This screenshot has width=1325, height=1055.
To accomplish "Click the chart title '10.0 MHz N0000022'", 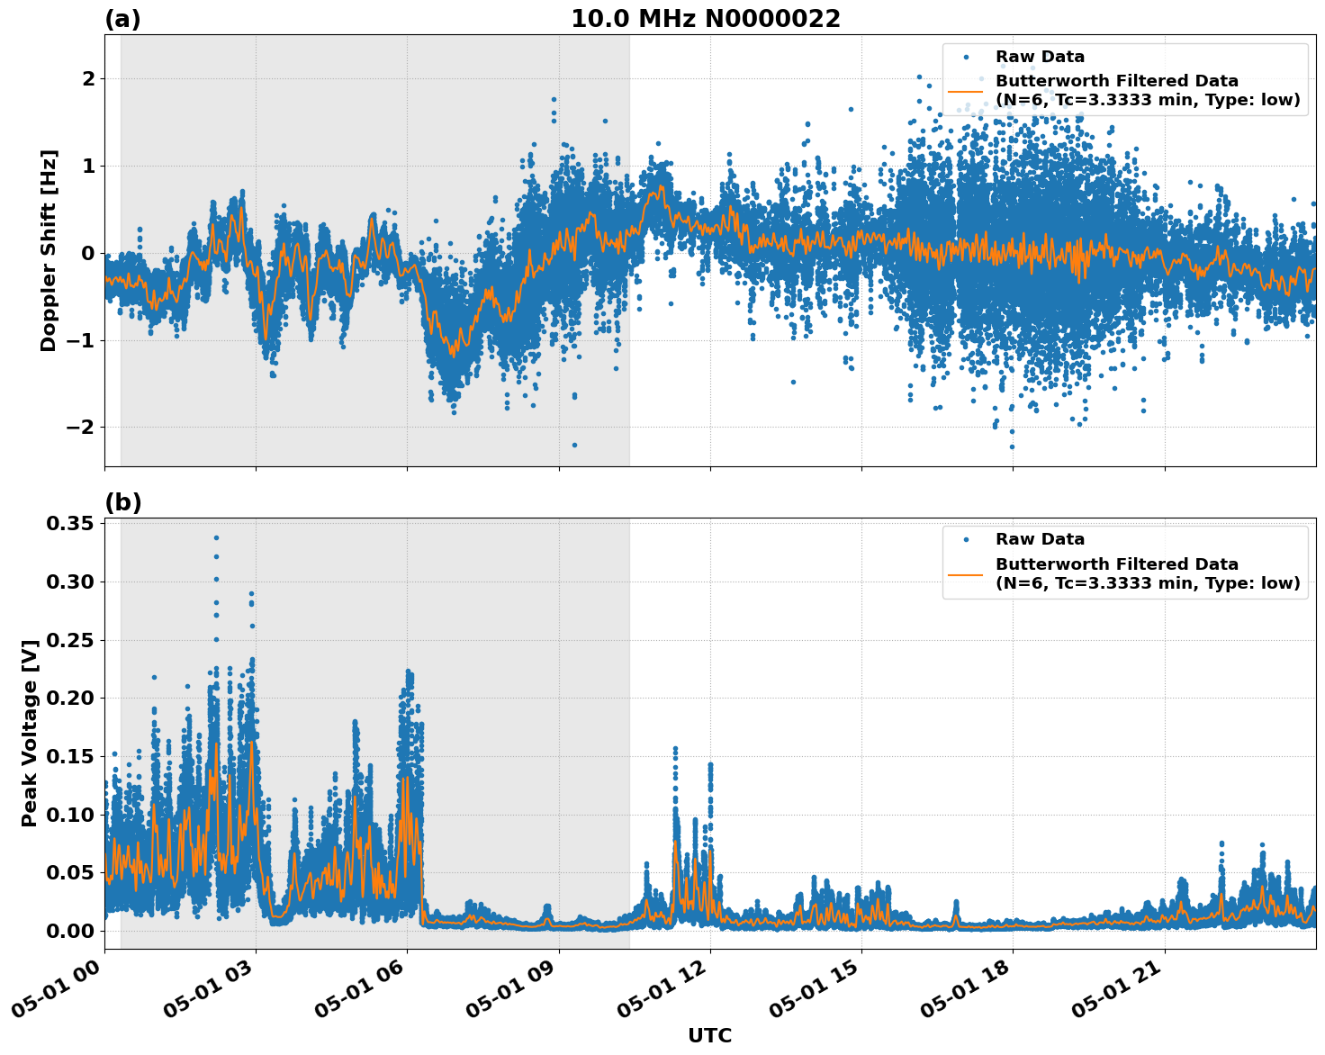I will click(x=705, y=19).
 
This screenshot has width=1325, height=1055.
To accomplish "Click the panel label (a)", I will click(x=122, y=19).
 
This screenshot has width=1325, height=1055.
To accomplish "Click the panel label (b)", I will click(x=122, y=502).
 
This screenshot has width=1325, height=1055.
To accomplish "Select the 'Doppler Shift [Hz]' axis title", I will click(x=49, y=250).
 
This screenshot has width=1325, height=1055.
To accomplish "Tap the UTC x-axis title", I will click(x=709, y=1035).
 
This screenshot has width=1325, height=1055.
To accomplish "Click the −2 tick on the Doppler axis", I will click(x=80, y=427).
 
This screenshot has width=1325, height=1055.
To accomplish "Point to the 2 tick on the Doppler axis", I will click(x=88, y=79).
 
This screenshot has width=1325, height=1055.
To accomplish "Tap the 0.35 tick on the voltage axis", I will click(x=70, y=524).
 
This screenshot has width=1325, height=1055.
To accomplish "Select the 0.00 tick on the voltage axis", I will click(x=70, y=931).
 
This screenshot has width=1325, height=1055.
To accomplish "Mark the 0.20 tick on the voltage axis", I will click(x=70, y=699).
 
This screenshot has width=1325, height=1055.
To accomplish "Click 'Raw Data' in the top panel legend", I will click(x=1040, y=57).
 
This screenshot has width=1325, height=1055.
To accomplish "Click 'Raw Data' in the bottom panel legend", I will click(x=1040, y=539).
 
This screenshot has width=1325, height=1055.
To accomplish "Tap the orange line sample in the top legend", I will click(x=966, y=91).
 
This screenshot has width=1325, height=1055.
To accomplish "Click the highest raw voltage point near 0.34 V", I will click(x=216, y=537).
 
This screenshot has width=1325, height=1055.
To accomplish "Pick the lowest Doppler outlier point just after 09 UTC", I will click(x=574, y=445).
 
